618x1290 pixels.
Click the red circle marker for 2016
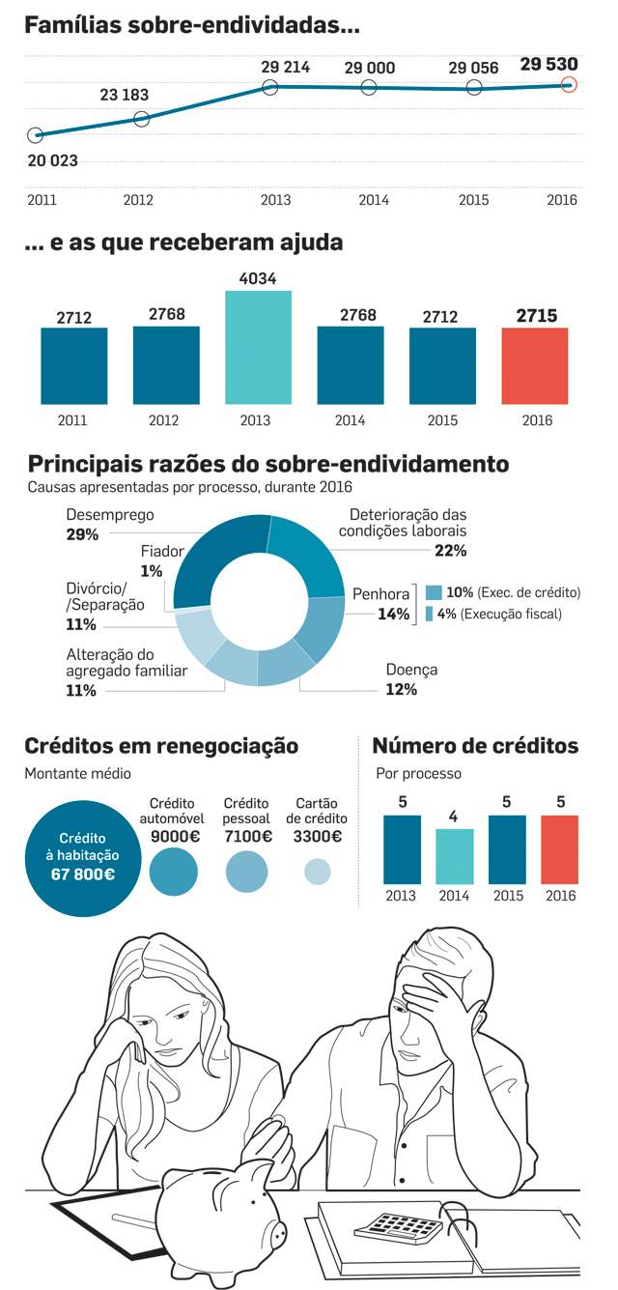[x=569, y=85]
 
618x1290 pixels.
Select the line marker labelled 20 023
[x=36, y=135]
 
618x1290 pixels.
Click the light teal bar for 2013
[x=258, y=348]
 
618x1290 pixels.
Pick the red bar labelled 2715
[x=535, y=366]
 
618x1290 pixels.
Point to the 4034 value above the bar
[x=258, y=279]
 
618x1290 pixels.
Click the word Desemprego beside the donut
[x=110, y=515]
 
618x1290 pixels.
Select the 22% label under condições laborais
[x=450, y=551]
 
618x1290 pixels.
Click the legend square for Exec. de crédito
[x=434, y=592]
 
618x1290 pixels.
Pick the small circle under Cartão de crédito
[x=317, y=872]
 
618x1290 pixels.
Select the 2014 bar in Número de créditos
[x=455, y=856]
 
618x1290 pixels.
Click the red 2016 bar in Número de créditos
[x=559, y=849]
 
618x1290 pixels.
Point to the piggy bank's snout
[x=277, y=1234]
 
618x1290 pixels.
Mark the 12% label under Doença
[x=402, y=690]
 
